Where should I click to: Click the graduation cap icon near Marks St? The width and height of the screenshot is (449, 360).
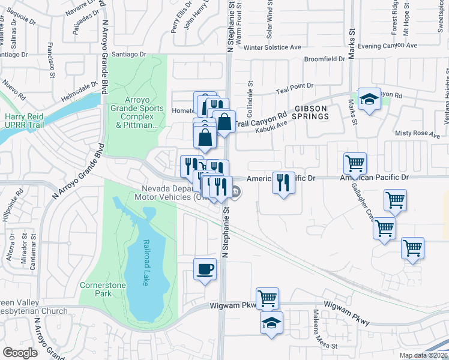369,100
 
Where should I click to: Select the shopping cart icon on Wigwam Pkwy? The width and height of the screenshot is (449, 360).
267,298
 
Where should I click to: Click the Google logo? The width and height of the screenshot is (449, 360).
20,353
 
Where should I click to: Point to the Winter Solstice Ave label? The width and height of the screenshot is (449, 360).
272,47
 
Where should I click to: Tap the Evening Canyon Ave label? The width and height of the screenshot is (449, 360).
387,46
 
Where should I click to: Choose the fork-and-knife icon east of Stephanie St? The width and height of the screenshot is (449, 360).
283,182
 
